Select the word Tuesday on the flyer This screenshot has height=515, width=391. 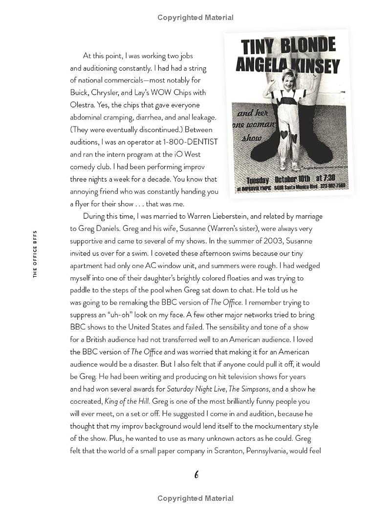pos(259,180)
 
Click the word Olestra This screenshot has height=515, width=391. pos(83,105)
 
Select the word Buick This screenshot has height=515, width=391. pos(80,93)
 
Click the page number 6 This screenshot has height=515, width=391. pos(196,474)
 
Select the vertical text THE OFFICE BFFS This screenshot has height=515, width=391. pos(35,253)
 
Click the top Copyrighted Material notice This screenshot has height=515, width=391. pos(195,18)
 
